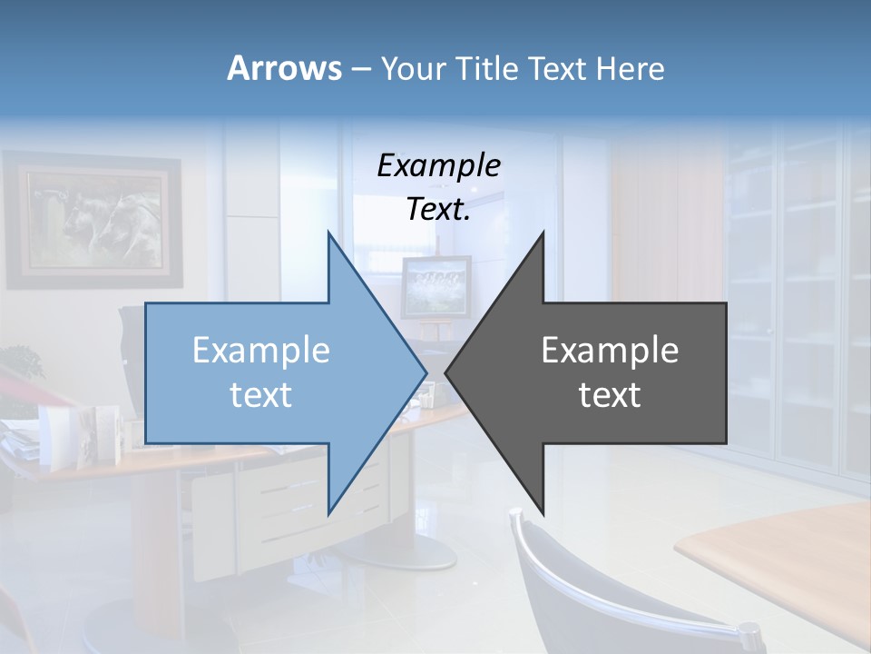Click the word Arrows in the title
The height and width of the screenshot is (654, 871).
coord(284,68)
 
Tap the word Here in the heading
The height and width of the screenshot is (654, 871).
coord(630,68)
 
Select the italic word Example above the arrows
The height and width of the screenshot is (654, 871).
coord(438,166)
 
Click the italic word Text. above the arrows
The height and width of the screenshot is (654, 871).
coord(438,210)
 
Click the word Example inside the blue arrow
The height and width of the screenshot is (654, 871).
coord(261,350)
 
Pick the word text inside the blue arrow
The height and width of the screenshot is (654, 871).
coord(261,395)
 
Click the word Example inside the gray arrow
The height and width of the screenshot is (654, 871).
coord(610,350)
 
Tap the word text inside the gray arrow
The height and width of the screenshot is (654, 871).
coord(610,395)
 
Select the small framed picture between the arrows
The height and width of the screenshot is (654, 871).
coord(435,287)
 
